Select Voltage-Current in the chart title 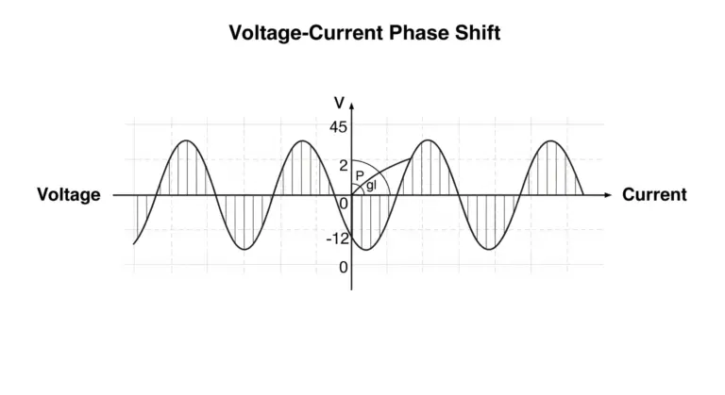(306, 33)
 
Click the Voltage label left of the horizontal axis (69, 195)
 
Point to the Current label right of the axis (654, 194)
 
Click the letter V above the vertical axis (340, 103)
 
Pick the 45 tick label (338, 127)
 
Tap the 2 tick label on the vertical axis (343, 165)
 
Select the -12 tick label (338, 239)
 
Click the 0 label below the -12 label (343, 267)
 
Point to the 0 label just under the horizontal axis (344, 204)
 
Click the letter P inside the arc (360, 175)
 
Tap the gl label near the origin (371, 186)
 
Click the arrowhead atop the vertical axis (352, 106)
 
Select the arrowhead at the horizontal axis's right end (608, 195)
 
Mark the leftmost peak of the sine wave (186, 140)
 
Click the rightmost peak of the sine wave (550, 140)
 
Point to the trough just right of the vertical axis (365, 250)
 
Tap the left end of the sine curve (134, 243)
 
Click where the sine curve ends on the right (583, 194)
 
